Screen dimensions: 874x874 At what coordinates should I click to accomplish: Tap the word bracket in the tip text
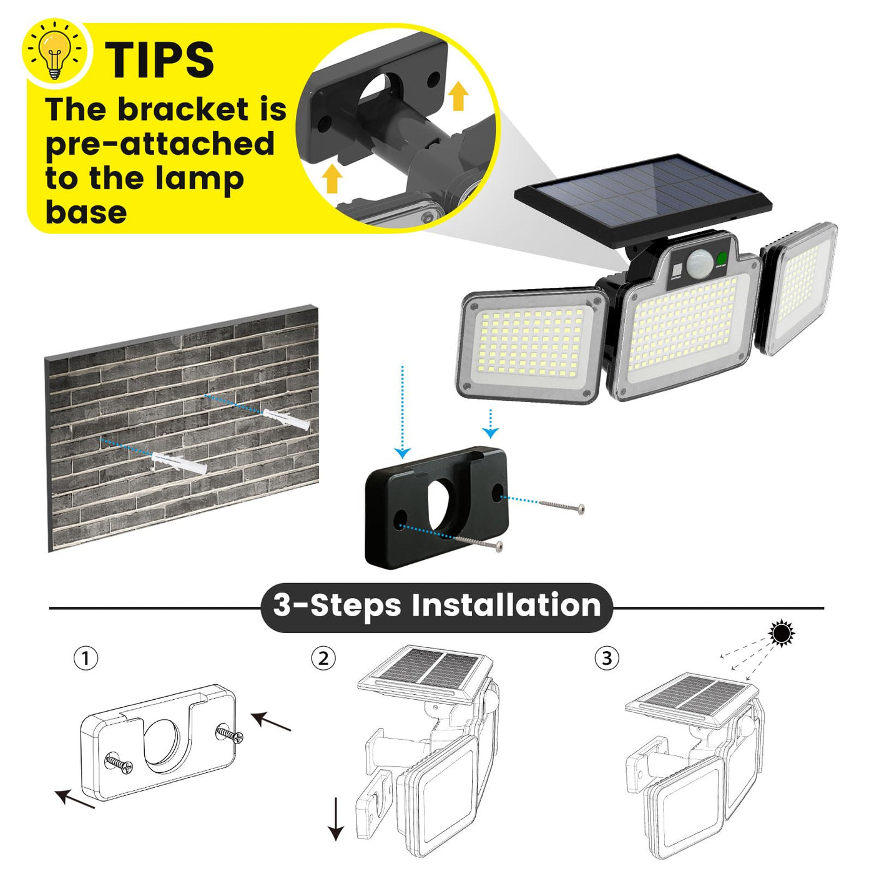coord(184,110)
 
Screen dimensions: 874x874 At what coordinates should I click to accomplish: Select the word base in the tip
coord(86,213)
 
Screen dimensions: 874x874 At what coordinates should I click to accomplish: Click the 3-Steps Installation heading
coord(436,605)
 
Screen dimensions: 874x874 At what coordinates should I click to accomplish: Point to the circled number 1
coord(86,658)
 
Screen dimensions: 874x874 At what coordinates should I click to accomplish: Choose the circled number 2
coord(323,658)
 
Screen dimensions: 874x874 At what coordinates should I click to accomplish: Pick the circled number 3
coord(606,658)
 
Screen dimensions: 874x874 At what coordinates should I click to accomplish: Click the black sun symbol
coord(782,634)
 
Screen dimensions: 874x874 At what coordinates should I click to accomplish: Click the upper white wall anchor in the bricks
coord(285,418)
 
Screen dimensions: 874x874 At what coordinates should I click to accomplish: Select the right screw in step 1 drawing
coord(230,735)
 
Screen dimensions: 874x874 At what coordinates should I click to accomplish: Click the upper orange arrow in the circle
coord(459,95)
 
